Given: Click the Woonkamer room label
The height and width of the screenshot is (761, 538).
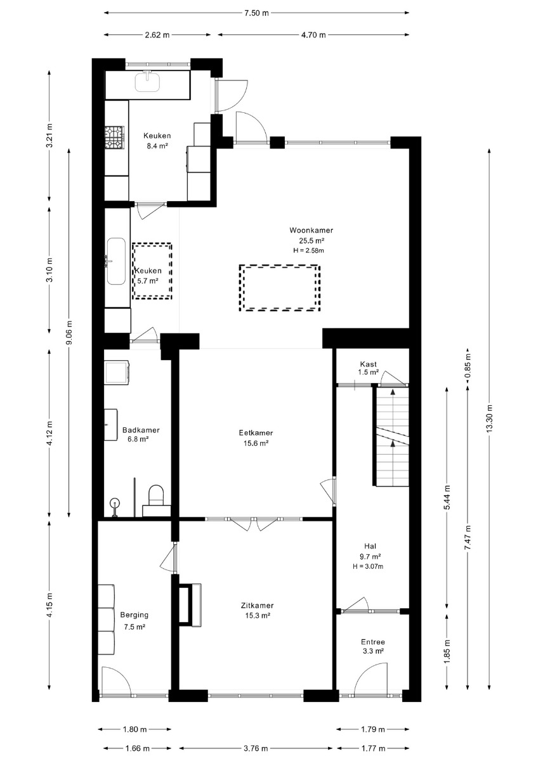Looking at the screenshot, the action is pyautogui.click(x=311, y=230).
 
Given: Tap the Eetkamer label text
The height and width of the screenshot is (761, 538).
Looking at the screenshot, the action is pyautogui.click(x=256, y=433).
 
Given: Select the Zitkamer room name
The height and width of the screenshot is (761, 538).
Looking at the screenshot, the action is pyautogui.click(x=258, y=606).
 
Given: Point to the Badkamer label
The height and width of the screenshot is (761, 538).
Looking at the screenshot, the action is pyautogui.click(x=141, y=430).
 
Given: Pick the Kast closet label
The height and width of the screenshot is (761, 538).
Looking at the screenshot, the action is pyautogui.click(x=369, y=364).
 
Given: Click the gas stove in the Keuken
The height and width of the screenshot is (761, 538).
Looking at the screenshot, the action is pyautogui.click(x=115, y=138).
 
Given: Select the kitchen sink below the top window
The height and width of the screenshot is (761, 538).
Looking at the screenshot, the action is pyautogui.click(x=147, y=82).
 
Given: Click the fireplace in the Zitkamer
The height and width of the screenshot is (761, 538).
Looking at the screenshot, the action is pyautogui.click(x=190, y=605).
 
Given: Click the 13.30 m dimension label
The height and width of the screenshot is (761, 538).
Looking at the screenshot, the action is pyautogui.click(x=489, y=418).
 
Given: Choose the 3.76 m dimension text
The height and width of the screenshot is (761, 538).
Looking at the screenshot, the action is pyautogui.click(x=256, y=748).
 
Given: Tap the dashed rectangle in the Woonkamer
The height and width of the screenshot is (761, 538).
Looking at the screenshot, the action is pyautogui.click(x=280, y=288).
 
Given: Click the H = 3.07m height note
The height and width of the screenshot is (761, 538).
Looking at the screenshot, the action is pyautogui.click(x=368, y=566).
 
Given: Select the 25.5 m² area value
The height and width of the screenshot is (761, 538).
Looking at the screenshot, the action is pyautogui.click(x=312, y=240).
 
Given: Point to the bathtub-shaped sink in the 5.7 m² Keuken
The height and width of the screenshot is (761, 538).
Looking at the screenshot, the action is pyautogui.click(x=116, y=261).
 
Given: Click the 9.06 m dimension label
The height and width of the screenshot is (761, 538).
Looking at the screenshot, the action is pyautogui.click(x=69, y=332).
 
